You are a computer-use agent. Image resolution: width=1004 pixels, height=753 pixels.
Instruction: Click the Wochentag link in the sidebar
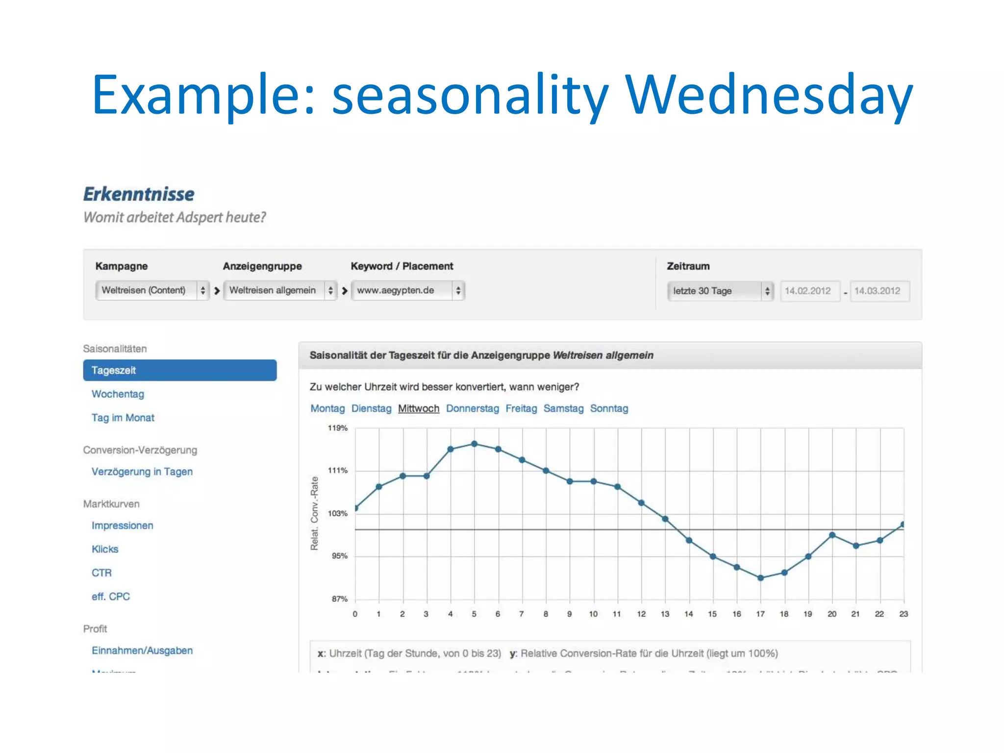pyautogui.click(x=118, y=394)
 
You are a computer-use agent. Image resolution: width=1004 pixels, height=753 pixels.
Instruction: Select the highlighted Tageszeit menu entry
pyautogui.click(x=179, y=370)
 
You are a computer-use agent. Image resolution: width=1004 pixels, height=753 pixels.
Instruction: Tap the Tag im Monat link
pyautogui.click(x=123, y=418)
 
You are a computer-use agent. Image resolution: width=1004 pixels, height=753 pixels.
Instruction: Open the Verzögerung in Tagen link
pyautogui.click(x=142, y=472)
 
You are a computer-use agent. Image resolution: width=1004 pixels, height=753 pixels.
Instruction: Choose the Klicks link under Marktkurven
pyautogui.click(x=105, y=549)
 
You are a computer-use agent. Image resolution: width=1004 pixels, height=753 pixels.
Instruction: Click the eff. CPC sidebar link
pyautogui.click(x=110, y=597)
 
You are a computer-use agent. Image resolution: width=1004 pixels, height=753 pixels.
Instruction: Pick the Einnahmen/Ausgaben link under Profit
pyautogui.click(x=142, y=651)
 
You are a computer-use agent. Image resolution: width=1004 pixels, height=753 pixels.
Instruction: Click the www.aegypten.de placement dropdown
pyautogui.click(x=407, y=291)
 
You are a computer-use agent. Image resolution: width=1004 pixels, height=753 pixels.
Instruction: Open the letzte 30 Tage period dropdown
pyautogui.click(x=720, y=291)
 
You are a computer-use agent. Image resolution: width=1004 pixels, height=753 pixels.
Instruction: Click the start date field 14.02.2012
pyautogui.click(x=809, y=291)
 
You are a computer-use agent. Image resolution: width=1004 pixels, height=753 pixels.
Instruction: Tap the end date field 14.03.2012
pyautogui.click(x=878, y=291)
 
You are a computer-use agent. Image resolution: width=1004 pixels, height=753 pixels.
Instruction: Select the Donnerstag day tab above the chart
pyautogui.click(x=472, y=408)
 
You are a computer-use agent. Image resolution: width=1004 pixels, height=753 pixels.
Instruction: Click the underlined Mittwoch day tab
pyautogui.click(x=418, y=408)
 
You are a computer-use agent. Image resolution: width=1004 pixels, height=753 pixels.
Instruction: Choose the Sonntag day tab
pyautogui.click(x=609, y=408)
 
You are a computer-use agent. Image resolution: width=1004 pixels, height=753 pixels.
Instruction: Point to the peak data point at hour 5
pyautogui.click(x=474, y=444)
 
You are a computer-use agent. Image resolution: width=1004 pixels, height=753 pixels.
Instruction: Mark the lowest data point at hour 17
pyautogui.click(x=760, y=578)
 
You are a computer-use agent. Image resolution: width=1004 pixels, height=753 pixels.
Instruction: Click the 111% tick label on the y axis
pyautogui.click(x=337, y=471)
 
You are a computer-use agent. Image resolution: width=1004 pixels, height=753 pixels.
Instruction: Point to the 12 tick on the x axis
pyautogui.click(x=641, y=614)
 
